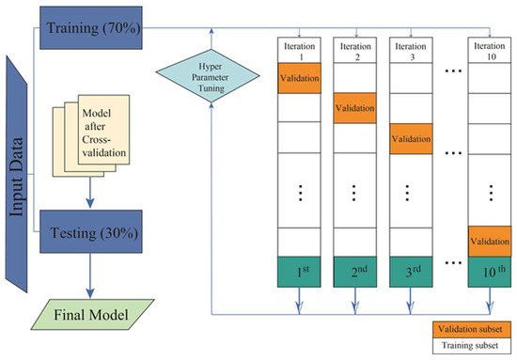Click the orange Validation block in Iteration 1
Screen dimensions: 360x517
pos(300,79)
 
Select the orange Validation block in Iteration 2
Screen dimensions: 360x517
pos(355,109)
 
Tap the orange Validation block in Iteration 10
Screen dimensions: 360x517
pos(493,240)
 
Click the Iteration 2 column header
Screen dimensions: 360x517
pos(355,50)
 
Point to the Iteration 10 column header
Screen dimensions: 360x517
pos(493,50)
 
